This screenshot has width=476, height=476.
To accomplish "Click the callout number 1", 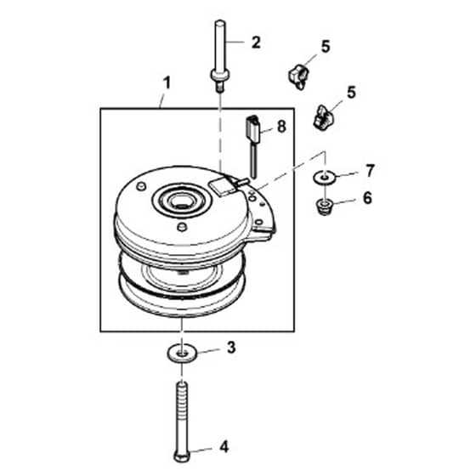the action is (167, 83).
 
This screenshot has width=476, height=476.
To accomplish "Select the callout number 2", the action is (256, 42).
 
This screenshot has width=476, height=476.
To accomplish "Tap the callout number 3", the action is (231, 348).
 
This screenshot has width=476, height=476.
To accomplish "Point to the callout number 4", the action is (224, 447).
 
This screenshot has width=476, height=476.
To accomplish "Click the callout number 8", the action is (281, 127).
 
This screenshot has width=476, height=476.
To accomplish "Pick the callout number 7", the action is (370, 171).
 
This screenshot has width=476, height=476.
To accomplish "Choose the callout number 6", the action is (367, 198).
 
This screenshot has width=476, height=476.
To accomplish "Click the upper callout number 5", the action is (326, 47).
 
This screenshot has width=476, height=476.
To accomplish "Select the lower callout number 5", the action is (351, 93).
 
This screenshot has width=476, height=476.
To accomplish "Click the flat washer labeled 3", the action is (182, 353).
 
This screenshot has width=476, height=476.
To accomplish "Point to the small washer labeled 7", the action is (325, 177).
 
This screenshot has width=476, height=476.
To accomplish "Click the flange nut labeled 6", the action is (324, 207).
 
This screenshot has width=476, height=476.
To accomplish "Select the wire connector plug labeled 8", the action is (252, 129).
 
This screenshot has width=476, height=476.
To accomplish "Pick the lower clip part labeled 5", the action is (323, 116).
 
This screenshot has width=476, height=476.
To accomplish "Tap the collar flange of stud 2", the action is (220, 75).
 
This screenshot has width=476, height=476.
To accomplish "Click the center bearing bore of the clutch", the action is (181, 201).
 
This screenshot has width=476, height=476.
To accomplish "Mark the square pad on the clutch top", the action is (222, 186).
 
